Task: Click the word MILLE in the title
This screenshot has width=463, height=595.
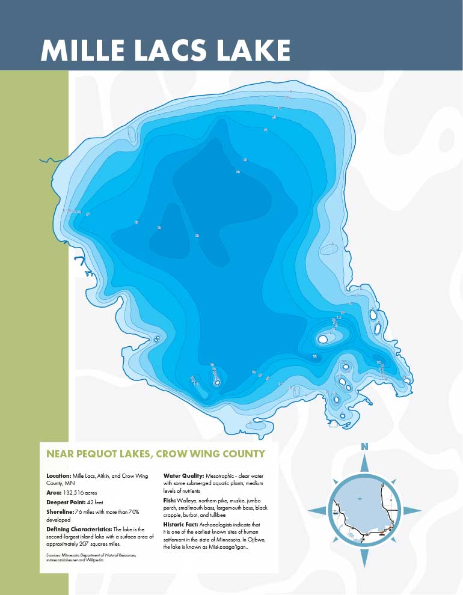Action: point(82,50)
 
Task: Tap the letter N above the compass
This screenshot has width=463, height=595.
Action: point(364,446)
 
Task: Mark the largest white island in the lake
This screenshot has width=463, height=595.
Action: point(323,340)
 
